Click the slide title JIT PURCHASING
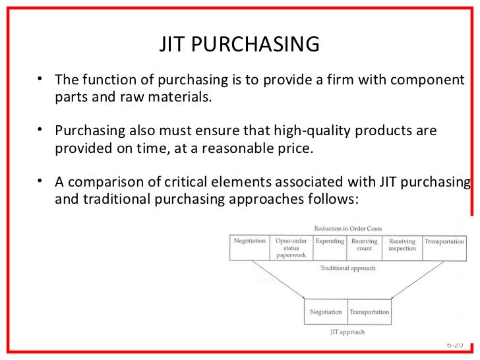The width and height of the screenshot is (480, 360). point(239,44)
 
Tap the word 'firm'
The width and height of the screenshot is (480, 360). point(352,80)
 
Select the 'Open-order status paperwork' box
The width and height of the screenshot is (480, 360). point(291,248)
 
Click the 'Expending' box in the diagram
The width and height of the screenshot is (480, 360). point(329,242)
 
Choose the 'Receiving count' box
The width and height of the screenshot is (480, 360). point(363,245)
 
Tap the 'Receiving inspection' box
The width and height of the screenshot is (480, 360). point(402,245)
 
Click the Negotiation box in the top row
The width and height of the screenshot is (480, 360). point(249,242)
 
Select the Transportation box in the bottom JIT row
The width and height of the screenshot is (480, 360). point(369,311)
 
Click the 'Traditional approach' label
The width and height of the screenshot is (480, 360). point(347,268)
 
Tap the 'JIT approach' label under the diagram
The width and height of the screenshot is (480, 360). point(348,333)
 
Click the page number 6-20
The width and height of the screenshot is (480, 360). point(455,345)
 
